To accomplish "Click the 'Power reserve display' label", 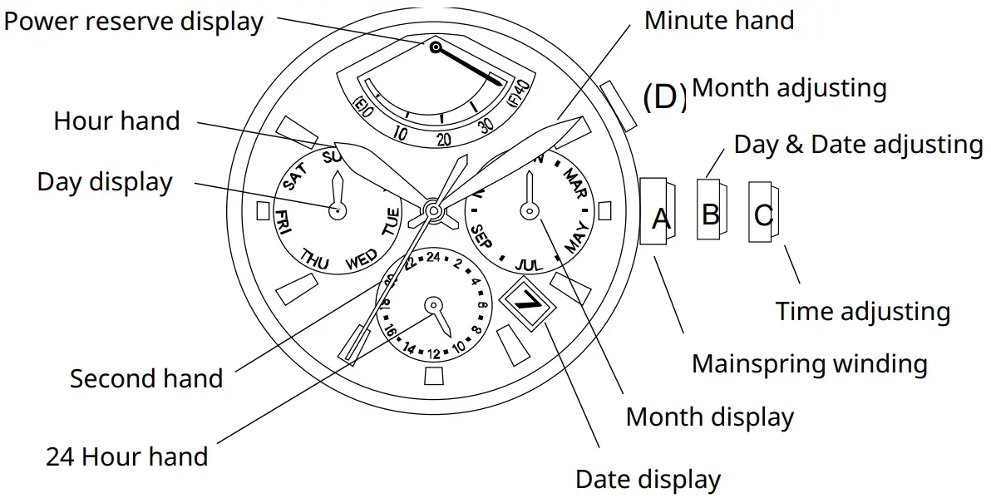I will point(133,22).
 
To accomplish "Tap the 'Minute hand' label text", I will point(718,21).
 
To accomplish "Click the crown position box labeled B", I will point(710,213).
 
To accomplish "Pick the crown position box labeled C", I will point(762,215).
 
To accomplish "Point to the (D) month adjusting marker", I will point(664,96).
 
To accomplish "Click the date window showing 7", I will point(527,303).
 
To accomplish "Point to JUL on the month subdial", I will point(529,264).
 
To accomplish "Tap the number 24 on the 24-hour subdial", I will point(432,257).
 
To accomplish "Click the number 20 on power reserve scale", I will point(443,139).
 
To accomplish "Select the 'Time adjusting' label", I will point(862,312).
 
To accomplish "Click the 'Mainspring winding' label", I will point(809,364).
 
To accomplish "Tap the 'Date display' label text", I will point(648,480).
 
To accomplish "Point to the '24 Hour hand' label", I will point(127,456).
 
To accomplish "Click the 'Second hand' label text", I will point(146,379).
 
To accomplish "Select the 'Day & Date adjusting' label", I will point(857,145).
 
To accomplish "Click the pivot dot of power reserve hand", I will point(435,47).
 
